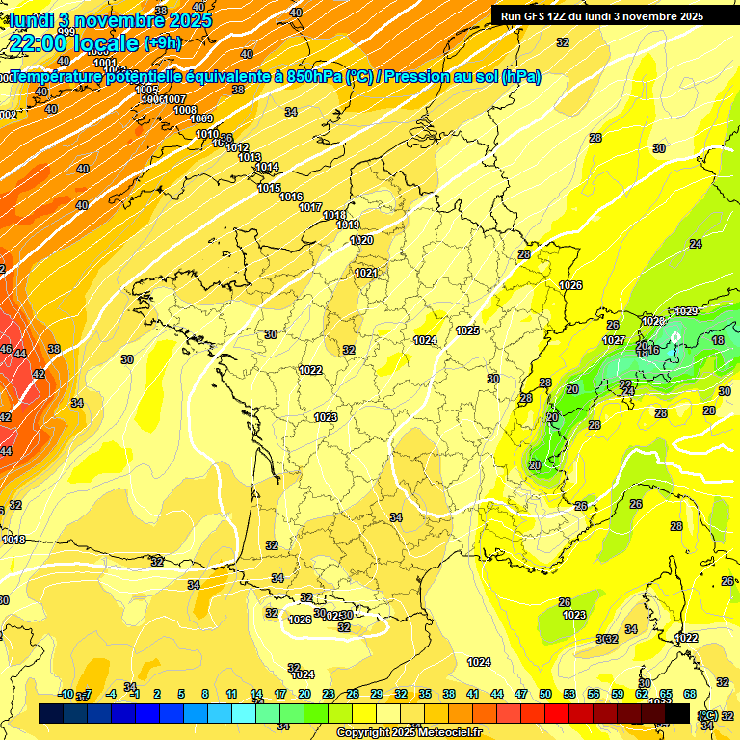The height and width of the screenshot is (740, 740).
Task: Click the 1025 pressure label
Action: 467,330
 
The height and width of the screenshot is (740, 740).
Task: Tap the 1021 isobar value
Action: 366,273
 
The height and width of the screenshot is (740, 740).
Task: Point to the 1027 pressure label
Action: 614,340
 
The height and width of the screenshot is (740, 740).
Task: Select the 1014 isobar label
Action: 268,168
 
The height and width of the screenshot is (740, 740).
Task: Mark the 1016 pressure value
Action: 291,197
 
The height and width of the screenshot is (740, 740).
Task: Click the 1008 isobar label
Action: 185,110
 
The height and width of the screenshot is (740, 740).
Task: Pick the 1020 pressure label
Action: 361,240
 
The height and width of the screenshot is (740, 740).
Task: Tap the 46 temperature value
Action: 6,349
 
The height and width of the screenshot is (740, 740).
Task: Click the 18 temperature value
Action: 718,340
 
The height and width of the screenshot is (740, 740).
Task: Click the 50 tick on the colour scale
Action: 545,694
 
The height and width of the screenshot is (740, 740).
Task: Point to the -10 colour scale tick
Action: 66,694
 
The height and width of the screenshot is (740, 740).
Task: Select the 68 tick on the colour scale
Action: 690,694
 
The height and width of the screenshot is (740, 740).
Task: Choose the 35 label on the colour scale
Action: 425,694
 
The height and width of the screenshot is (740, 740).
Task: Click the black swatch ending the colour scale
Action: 678,713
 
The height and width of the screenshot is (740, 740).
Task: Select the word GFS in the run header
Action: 536,16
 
